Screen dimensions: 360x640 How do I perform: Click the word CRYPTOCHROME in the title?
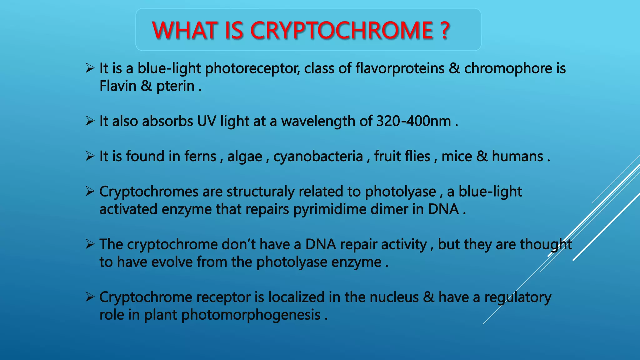[341, 30]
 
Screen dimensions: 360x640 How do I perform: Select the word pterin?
[175, 86]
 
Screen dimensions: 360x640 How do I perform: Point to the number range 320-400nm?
[413, 121]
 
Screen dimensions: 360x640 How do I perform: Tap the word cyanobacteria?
[318, 157]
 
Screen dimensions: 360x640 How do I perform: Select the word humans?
[517, 157]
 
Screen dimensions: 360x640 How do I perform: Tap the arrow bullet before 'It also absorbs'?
[90, 121]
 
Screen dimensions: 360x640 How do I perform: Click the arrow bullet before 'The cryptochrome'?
[90, 244]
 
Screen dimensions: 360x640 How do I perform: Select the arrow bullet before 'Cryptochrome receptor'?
[90, 297]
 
